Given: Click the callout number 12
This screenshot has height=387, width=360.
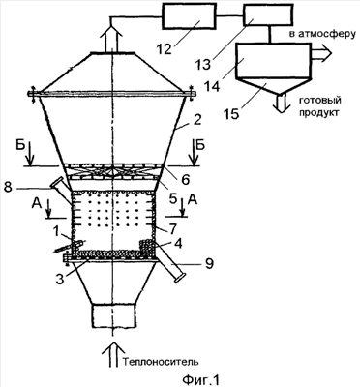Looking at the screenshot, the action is [x=165, y=50].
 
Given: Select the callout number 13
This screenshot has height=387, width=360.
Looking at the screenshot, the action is [x=204, y=64].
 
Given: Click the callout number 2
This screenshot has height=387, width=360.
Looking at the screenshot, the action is [x=197, y=120].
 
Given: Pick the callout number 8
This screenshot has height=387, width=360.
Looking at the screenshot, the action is [x=9, y=188].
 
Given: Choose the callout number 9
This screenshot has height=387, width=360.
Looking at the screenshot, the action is [x=209, y=264].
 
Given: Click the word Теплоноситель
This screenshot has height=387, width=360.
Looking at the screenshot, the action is [x=161, y=362].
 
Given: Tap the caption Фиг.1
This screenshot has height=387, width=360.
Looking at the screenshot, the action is [x=200, y=379].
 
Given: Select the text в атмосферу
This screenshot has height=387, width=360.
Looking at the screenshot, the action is [x=322, y=34].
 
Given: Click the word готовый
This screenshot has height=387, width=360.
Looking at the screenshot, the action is [x=320, y=101].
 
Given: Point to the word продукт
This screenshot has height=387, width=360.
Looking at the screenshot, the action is [x=319, y=113].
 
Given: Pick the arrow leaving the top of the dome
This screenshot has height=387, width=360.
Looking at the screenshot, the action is [x=111, y=38].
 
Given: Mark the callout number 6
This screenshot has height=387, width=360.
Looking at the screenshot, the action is [x=187, y=180].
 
